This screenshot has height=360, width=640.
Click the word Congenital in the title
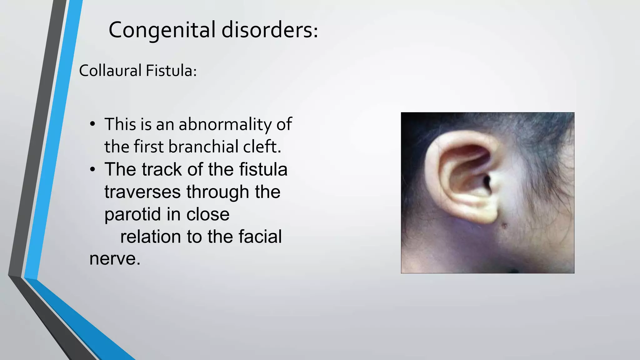pos(162,30)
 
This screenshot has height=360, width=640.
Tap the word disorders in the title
pos(269,30)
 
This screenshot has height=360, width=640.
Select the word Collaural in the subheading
pos(110,71)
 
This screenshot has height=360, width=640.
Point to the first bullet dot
pos(92,124)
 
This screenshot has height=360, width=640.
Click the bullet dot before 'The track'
pos(92,170)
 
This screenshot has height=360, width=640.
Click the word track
pos(162,170)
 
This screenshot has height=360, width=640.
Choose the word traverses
pos(142,192)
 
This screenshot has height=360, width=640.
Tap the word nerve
pos(115,259)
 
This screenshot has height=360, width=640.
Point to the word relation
pos(151,237)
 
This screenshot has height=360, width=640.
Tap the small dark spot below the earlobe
pos(504,225)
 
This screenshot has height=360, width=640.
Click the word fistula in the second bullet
pos(263,170)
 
